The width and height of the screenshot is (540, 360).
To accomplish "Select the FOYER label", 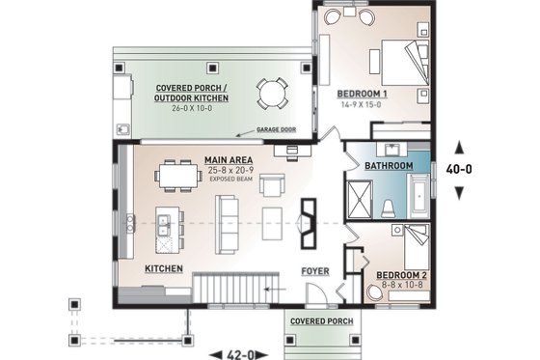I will [x=315, y=270].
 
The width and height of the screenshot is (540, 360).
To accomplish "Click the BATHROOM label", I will [x=389, y=167].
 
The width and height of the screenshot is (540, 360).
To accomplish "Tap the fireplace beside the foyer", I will [x=309, y=221].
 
